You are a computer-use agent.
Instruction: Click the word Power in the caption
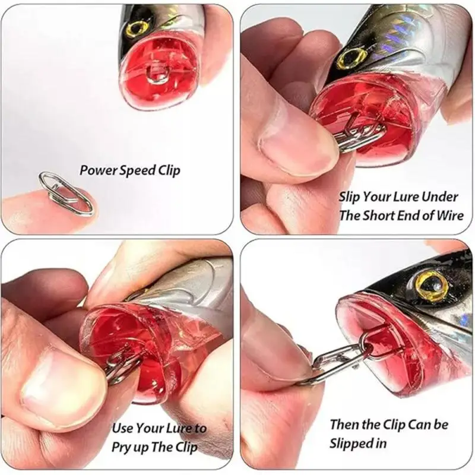[x=96, y=171]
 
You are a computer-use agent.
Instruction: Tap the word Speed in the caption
[x=137, y=171]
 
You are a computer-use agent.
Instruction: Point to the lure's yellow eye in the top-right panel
[x=351, y=57]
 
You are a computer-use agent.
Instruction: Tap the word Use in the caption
[x=123, y=427]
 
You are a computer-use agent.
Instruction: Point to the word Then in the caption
[x=345, y=425]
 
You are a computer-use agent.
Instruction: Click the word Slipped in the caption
[x=351, y=443]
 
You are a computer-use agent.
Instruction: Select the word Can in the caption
[x=414, y=425]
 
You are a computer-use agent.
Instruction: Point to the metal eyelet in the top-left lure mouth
[x=157, y=75]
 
